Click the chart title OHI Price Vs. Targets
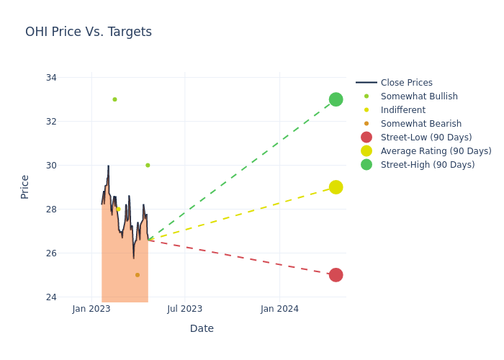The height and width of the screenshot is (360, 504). pyautogui.click(x=89, y=32)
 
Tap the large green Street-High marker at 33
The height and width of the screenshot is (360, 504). pyautogui.click(x=336, y=99)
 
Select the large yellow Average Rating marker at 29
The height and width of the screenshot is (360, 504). pyautogui.click(x=336, y=187)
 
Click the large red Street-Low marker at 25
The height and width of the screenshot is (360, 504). pyautogui.click(x=336, y=275)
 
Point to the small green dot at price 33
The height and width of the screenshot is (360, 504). pyautogui.click(x=114, y=99)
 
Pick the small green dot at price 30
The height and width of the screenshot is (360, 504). pyautogui.click(x=148, y=166)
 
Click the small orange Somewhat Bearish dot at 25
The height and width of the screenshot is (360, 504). pyautogui.click(x=138, y=275)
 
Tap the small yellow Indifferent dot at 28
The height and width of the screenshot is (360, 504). pyautogui.click(x=119, y=210)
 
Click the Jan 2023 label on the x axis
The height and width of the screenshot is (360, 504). pyautogui.click(x=91, y=309)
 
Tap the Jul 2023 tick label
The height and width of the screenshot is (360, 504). pyautogui.click(x=185, y=309)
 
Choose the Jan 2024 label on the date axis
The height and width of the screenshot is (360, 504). pyautogui.click(x=279, y=309)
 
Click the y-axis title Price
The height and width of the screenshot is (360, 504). pyautogui.click(x=25, y=186)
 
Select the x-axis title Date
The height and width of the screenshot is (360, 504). pyautogui.click(x=202, y=329)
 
